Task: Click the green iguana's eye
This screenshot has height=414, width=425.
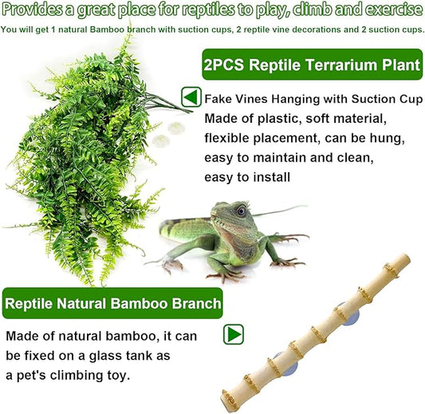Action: coord(240,211)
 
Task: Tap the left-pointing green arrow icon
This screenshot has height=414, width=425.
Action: coord(191,97)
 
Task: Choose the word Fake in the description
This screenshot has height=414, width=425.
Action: coord(218,100)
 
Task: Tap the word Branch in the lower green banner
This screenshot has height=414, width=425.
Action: coord(191,303)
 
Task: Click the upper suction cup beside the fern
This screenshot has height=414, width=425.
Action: coord(175,126)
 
